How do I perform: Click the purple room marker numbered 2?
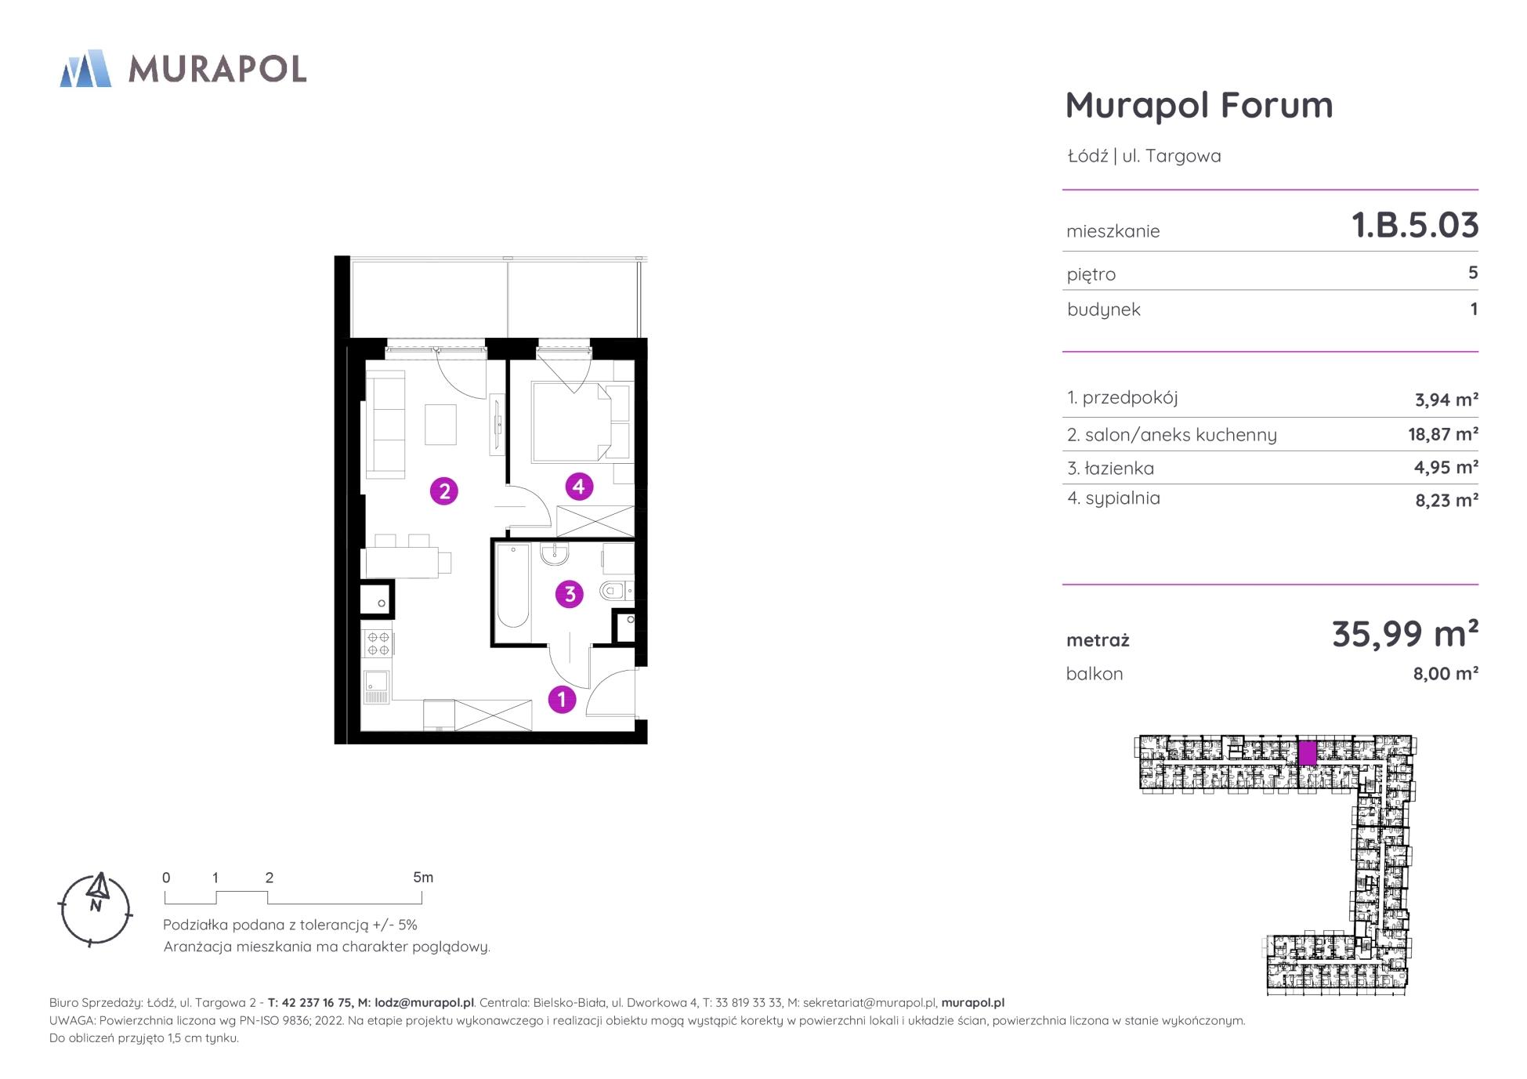(x=444, y=491)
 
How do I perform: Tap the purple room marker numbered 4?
(x=578, y=487)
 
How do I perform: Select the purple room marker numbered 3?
(x=570, y=594)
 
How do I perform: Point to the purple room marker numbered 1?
(x=562, y=699)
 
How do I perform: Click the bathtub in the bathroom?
(x=513, y=585)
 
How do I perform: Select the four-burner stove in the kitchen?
(x=378, y=644)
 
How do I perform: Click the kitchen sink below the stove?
(x=377, y=687)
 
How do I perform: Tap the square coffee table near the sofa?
(x=440, y=425)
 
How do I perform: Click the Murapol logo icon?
(x=85, y=68)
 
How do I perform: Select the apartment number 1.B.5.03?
(x=1415, y=225)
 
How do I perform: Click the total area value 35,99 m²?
(x=1405, y=633)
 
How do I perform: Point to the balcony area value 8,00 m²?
(x=1446, y=673)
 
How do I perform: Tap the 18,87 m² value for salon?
(x=1443, y=433)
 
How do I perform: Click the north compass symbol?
(x=96, y=909)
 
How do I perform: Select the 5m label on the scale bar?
(x=423, y=878)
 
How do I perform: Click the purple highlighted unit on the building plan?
(x=1307, y=753)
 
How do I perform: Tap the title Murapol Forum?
(x=1199, y=105)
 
